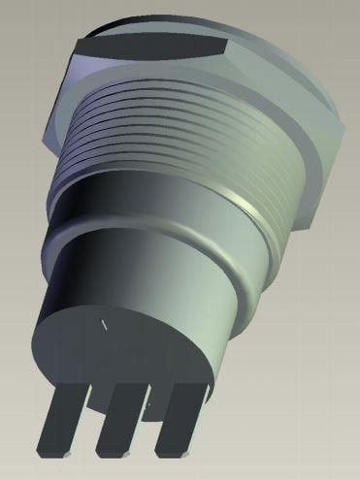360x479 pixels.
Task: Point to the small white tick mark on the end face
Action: point(102,324)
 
